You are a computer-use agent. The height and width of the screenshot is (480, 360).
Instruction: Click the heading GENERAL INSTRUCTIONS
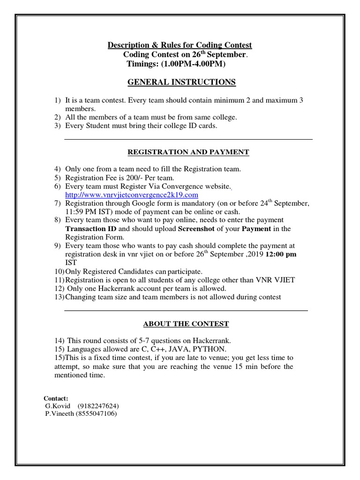tap(181, 82)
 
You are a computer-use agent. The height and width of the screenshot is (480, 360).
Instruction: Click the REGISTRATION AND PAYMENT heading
tap(189, 152)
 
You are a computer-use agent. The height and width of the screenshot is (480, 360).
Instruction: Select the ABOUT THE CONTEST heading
tap(186, 324)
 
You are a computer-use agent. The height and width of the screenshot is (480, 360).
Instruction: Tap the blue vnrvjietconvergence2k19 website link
tap(132, 195)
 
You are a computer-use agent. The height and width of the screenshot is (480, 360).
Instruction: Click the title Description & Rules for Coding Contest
tap(180, 45)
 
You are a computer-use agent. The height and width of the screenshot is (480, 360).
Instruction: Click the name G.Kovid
tap(58, 406)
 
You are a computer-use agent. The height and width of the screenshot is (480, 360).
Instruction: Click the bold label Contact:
tap(56, 398)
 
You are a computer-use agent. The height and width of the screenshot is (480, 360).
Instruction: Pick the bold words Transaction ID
tap(91, 229)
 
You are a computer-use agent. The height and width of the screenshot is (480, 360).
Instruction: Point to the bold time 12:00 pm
tap(281, 255)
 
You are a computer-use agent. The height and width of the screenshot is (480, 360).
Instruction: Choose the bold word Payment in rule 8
tap(256, 229)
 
